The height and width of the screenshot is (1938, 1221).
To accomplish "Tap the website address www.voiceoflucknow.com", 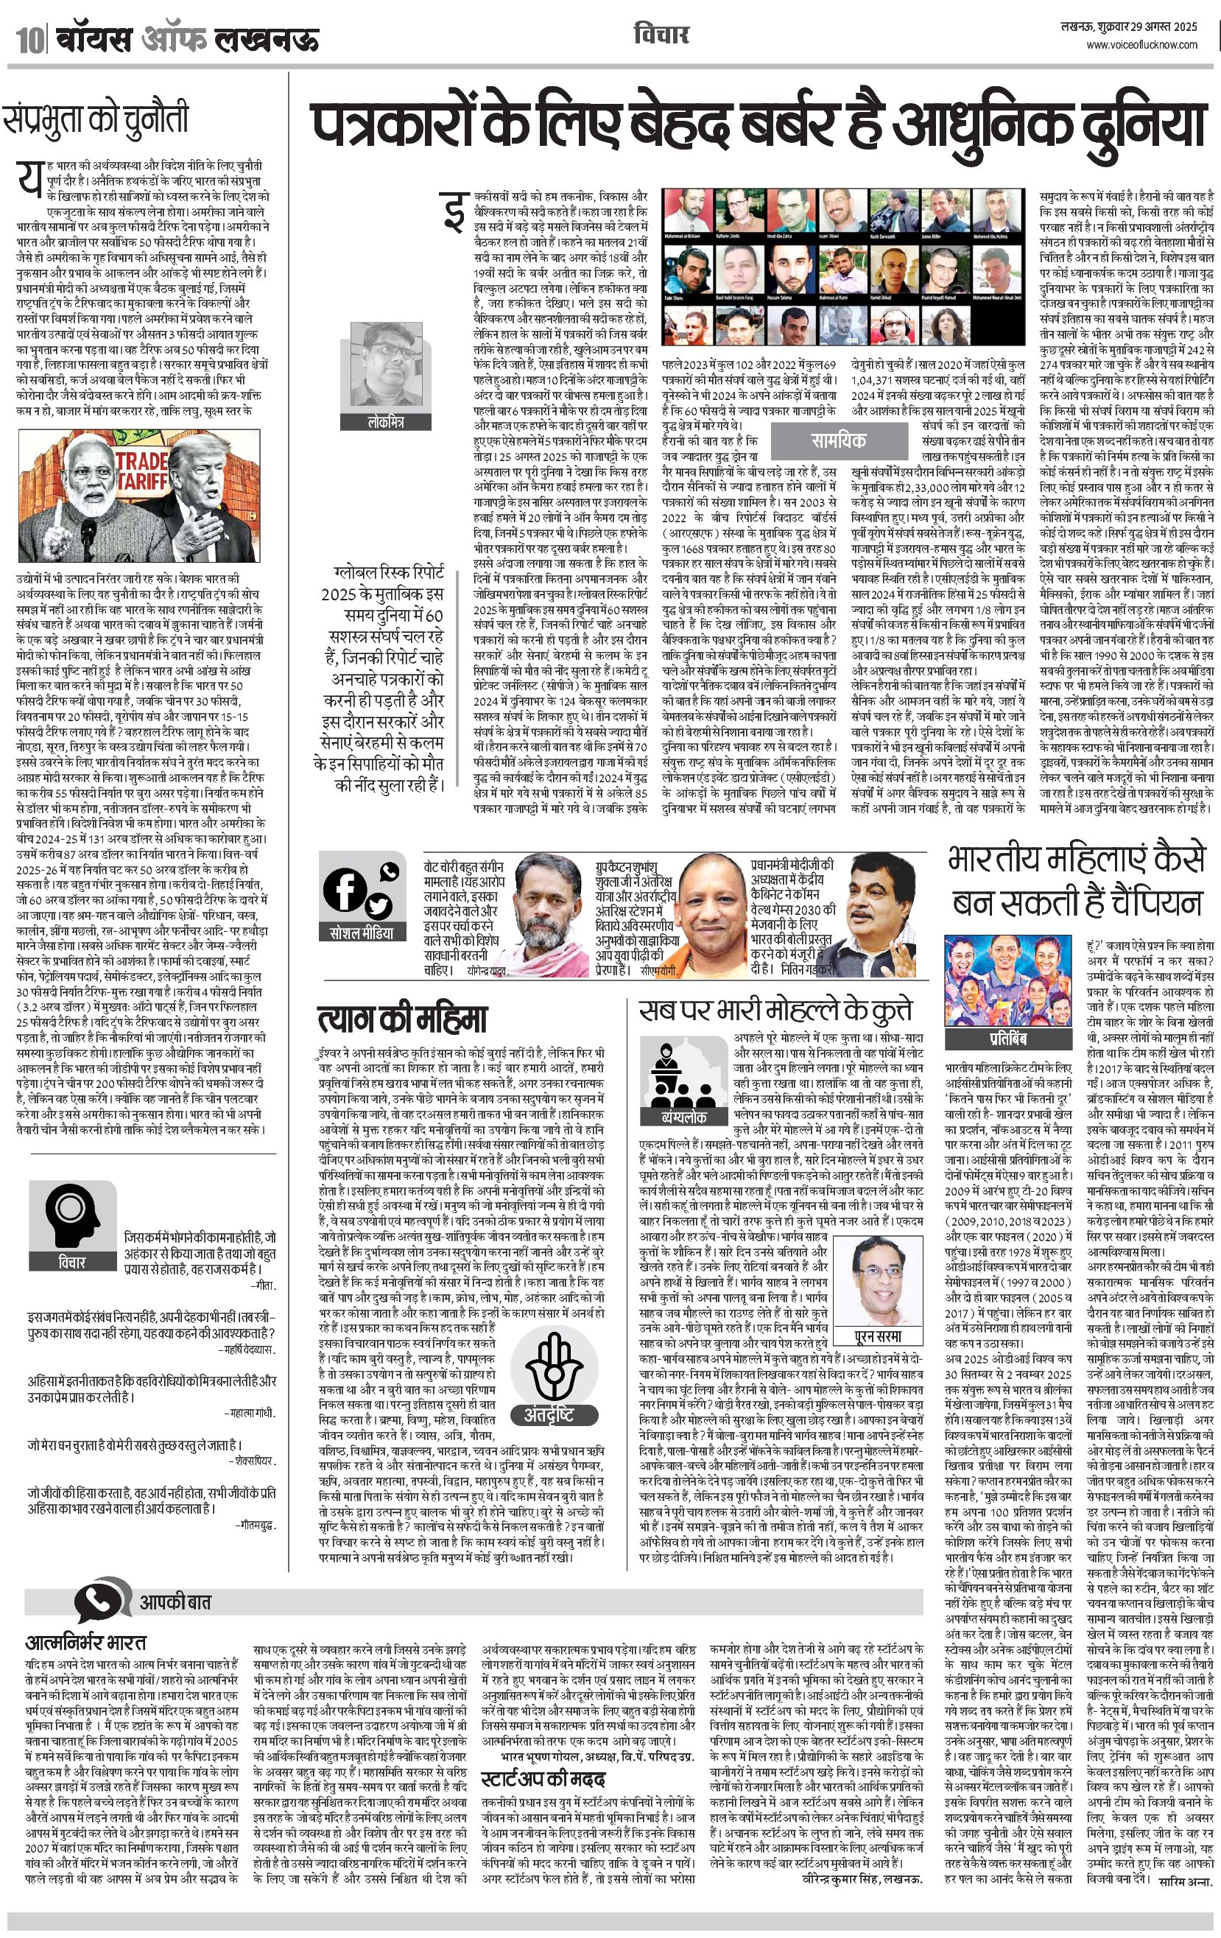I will (x=1141, y=45).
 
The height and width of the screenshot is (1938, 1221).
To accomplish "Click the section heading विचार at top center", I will (x=661, y=35).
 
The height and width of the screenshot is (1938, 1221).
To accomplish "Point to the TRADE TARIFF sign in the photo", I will (x=141, y=470).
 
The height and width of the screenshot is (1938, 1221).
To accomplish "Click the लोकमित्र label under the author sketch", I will (x=386, y=422).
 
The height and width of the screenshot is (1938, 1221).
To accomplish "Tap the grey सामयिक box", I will (x=838, y=440).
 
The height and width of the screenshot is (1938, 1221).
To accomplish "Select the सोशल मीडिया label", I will (x=362, y=933).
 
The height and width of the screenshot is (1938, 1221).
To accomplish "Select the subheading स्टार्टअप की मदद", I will (x=543, y=1779).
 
